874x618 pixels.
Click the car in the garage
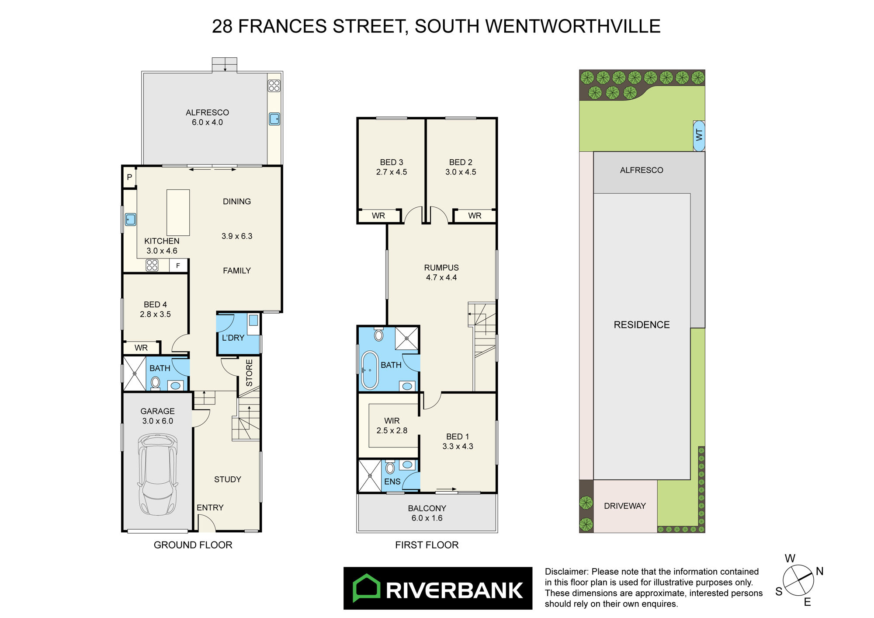point(158,474)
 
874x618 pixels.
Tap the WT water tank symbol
point(699,136)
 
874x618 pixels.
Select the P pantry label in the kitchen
point(129,177)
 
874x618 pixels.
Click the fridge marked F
point(178,265)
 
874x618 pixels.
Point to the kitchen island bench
point(178,213)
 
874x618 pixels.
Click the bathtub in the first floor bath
point(370,370)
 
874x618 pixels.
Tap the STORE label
point(249,373)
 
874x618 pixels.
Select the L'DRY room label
point(233,338)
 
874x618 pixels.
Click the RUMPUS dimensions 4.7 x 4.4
point(441,277)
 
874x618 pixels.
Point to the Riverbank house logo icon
point(366,588)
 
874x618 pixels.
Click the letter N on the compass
point(820,571)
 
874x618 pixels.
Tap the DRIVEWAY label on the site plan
point(624,506)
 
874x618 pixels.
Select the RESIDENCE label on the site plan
point(642,325)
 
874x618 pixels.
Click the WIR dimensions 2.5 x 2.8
point(392,430)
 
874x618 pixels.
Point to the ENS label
point(392,482)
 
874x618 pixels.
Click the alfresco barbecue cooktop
point(274,86)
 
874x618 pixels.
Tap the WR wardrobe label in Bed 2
point(475,216)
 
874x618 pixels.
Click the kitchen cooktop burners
point(152,265)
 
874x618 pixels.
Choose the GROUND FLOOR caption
point(193,545)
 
